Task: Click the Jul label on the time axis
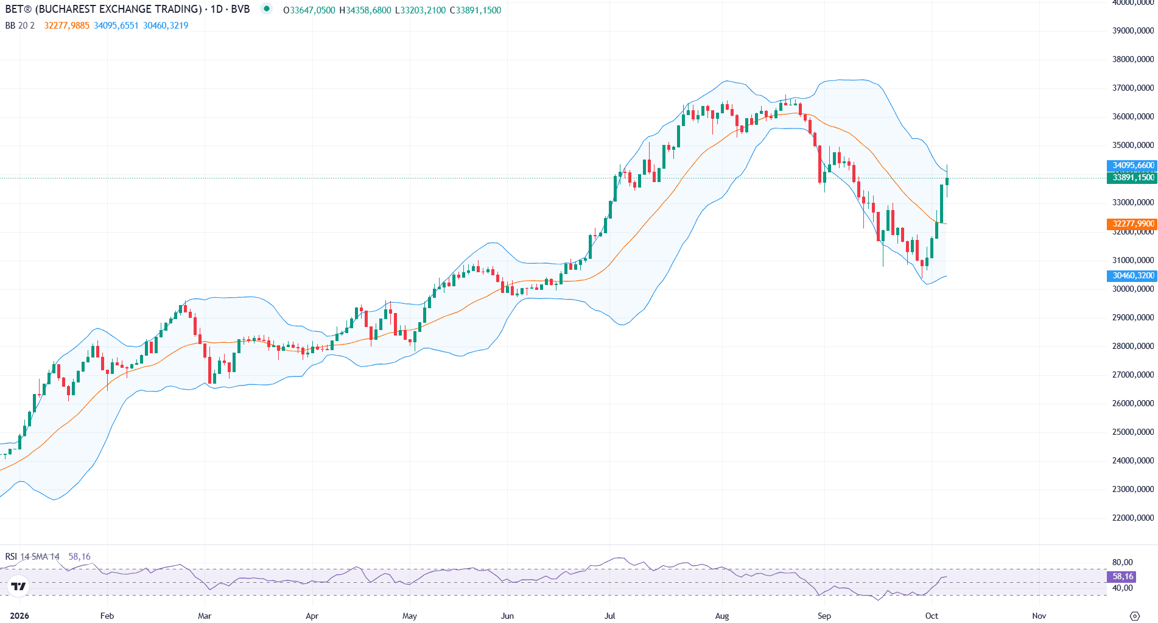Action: pos(609,616)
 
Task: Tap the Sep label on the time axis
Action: pos(824,616)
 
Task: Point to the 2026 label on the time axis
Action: pos(19,616)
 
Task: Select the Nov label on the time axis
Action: pos(1039,616)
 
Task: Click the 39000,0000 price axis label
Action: pos(1133,30)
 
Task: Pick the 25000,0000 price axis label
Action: pos(1133,432)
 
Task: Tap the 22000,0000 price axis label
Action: pos(1133,518)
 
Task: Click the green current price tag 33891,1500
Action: pos(1131,177)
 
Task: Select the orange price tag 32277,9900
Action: pos(1131,224)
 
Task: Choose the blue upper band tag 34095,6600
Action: pos(1131,165)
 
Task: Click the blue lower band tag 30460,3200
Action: pos(1131,275)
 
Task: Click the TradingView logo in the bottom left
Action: pos(19,586)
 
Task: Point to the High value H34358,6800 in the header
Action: pos(365,10)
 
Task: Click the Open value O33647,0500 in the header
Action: pos(309,10)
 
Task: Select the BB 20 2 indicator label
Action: pos(20,26)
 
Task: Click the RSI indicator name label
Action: pos(11,557)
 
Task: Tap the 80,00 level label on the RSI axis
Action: pos(1123,562)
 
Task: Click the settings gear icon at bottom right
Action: pos(1134,616)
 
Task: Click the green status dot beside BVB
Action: pos(266,9)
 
